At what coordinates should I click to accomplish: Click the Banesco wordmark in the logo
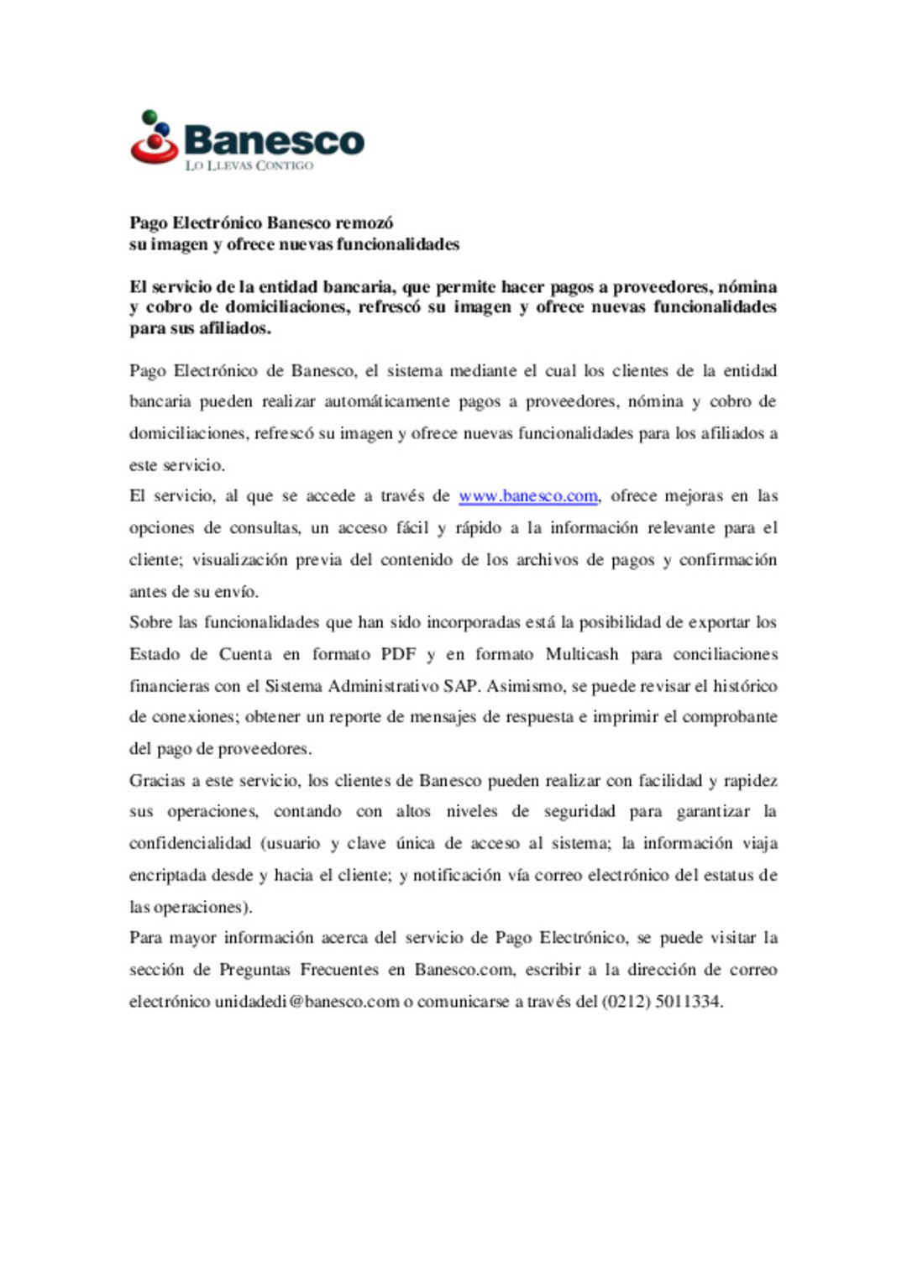pos(274,140)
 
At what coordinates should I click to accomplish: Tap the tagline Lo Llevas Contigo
pos(249,165)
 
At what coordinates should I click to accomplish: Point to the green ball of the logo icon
pos(149,117)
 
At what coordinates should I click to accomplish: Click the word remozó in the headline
pos(364,223)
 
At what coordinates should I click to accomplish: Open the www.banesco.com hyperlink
pos(528,496)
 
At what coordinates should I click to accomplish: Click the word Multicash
pos(582,654)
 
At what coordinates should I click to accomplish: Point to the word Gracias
pos(157,781)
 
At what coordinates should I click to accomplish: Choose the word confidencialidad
pos(190,843)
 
